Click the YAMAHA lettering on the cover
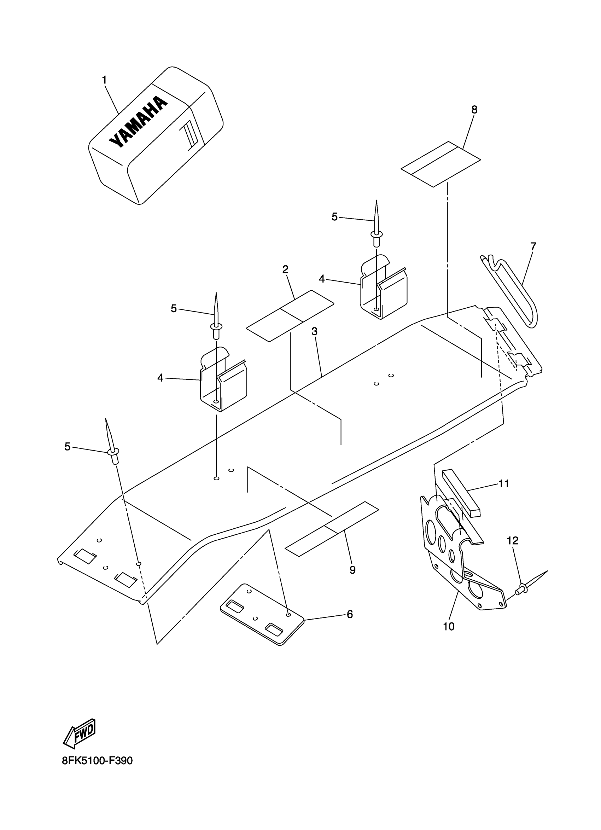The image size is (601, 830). pyautogui.click(x=138, y=122)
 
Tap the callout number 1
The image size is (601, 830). pyautogui.click(x=104, y=80)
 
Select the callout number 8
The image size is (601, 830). pyautogui.click(x=474, y=109)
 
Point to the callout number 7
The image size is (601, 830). pyautogui.click(x=533, y=246)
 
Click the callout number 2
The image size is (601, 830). pyautogui.click(x=285, y=269)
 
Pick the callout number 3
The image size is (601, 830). pyautogui.click(x=314, y=331)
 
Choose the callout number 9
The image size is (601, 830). pyautogui.click(x=352, y=570)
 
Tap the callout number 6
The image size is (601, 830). pyautogui.click(x=350, y=614)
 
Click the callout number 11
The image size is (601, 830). pyautogui.click(x=504, y=483)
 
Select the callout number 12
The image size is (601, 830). pyautogui.click(x=513, y=540)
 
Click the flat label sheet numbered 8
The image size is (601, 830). pyautogui.click(x=441, y=164)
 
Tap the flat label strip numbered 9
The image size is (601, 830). pyautogui.click(x=331, y=529)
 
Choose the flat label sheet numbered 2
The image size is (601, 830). pyautogui.click(x=290, y=316)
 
